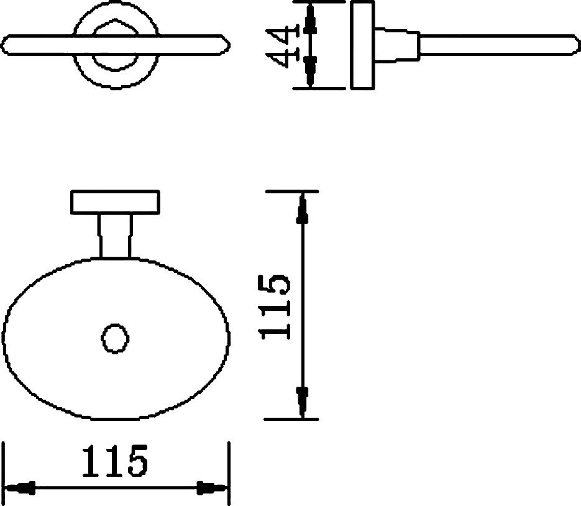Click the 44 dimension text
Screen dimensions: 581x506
[x=282, y=45]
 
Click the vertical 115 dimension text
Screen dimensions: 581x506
[x=275, y=306]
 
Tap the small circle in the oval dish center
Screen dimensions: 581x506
[x=115, y=338]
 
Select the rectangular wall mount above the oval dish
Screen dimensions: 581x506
[x=115, y=203]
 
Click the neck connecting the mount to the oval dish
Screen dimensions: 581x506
[x=114, y=236]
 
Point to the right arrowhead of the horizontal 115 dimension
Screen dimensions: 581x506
[x=212, y=488]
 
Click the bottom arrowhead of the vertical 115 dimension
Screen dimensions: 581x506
[x=303, y=403]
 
